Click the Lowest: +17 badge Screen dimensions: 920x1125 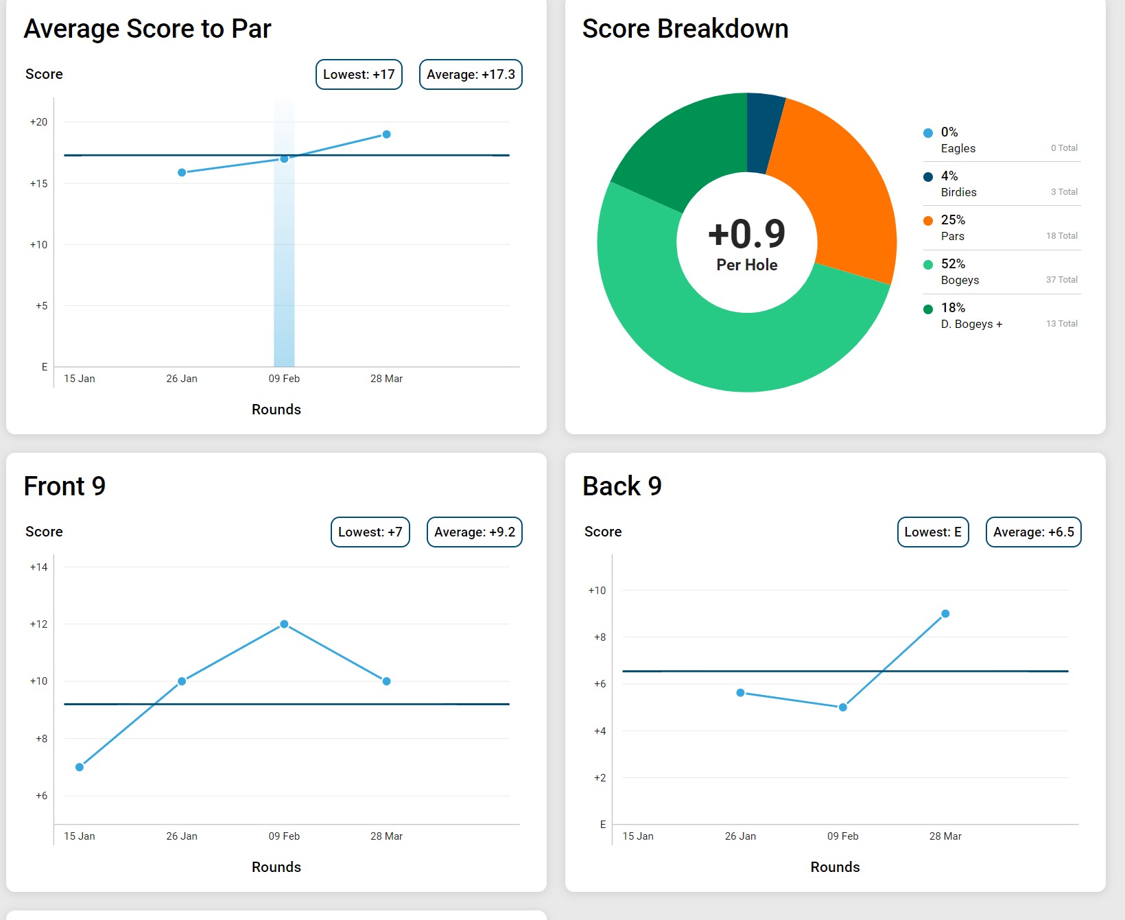tap(359, 74)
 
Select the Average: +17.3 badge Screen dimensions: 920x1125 tap(471, 74)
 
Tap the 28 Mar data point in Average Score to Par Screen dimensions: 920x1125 tap(386, 134)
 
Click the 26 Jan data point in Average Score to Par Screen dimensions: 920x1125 tap(182, 172)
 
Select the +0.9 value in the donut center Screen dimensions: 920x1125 tap(746, 234)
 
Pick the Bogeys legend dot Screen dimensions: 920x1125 tap(928, 265)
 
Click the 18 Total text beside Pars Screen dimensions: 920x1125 tap(1061, 236)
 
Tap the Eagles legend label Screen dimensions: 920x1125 tap(958, 148)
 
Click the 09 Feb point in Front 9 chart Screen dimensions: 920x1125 tap(284, 624)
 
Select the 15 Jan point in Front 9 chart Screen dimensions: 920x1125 tap(80, 767)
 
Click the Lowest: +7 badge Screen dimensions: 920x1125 tap(370, 532)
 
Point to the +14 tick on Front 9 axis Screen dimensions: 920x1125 tap(39, 567)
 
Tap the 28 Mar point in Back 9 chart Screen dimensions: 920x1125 tap(945, 613)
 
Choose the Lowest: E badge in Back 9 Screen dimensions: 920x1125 tap(933, 532)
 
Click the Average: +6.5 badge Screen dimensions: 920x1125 tap(1033, 532)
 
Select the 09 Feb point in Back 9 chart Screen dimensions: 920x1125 tap(843, 707)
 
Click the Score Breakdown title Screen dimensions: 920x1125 tap(685, 29)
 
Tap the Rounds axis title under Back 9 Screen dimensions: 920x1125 tap(835, 867)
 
